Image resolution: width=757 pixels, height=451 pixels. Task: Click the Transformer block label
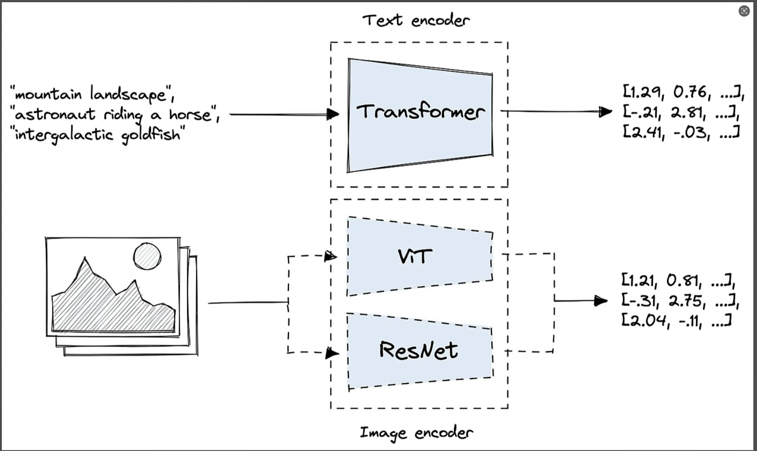coord(420,112)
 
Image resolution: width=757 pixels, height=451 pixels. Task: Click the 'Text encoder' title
coord(416,20)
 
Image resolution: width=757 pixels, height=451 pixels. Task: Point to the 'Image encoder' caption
coord(416,433)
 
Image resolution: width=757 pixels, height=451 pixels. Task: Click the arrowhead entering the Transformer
coord(333,114)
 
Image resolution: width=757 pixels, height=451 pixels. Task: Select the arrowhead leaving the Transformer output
coord(606,111)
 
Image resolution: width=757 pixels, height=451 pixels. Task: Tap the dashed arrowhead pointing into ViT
coord(330,256)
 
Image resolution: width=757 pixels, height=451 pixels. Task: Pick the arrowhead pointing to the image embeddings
coord(601,301)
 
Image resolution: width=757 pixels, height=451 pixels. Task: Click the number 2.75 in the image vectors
coord(686,301)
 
